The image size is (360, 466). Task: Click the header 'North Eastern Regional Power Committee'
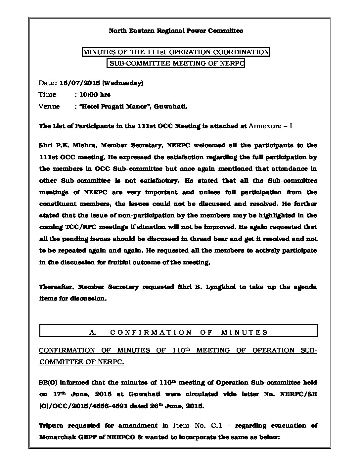click(176, 31)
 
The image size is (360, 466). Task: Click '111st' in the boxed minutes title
click(156, 52)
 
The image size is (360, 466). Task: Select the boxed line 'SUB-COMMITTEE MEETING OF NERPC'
click(176, 64)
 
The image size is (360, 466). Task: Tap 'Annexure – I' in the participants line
click(270, 126)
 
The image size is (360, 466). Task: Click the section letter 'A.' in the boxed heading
click(93, 332)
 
